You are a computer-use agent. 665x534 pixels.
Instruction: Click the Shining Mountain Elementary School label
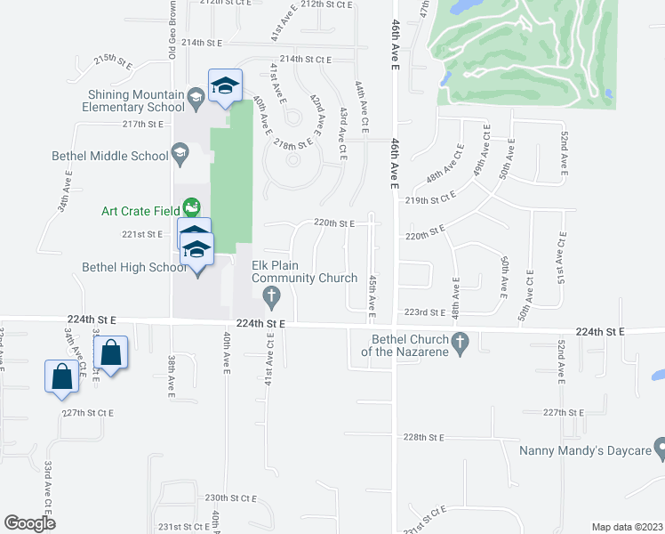tap(136, 101)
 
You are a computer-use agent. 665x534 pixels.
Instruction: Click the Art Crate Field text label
tap(141, 211)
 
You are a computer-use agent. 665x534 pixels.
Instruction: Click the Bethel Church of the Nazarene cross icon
tap(460, 341)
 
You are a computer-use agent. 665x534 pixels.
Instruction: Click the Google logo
tap(30, 522)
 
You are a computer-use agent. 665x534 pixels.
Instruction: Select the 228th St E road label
tap(423, 437)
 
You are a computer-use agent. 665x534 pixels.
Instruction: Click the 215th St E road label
tap(112, 61)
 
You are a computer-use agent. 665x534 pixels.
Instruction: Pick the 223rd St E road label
tap(424, 312)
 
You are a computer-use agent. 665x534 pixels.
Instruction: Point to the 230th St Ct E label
tap(229, 498)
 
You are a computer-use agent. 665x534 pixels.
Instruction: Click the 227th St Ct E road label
tap(88, 413)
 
